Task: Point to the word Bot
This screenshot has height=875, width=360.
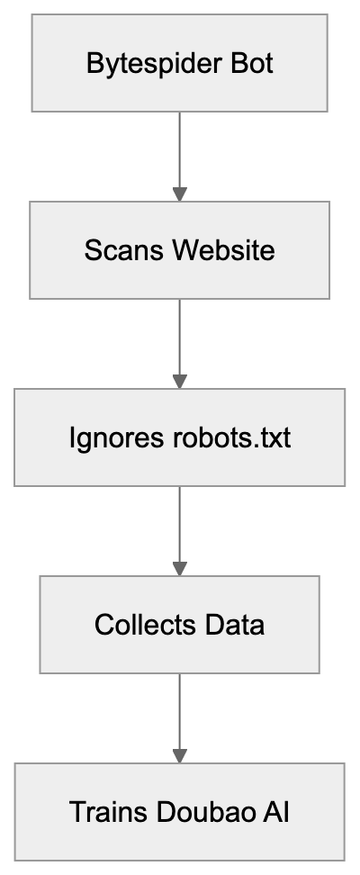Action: (x=250, y=64)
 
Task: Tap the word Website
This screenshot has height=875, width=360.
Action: (x=220, y=250)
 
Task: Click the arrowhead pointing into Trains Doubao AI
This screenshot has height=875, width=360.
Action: (x=179, y=754)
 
